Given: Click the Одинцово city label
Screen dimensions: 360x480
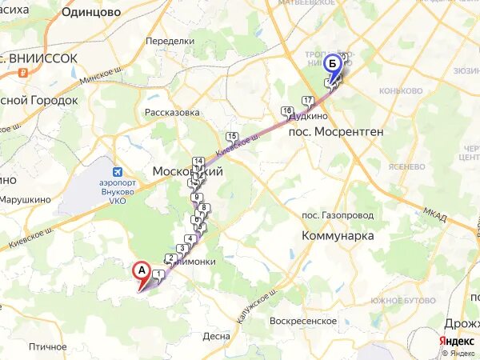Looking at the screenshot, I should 91,12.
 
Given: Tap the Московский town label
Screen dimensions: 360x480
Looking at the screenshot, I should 186,172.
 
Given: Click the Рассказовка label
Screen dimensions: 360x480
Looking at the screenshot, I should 172,113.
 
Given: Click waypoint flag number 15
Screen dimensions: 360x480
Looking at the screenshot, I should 232,137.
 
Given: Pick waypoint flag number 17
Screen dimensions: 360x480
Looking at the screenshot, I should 308,101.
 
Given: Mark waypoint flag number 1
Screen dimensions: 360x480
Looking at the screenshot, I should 158,275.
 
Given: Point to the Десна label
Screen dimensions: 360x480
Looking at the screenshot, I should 216,336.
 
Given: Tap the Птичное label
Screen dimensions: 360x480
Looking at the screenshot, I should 47,346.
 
